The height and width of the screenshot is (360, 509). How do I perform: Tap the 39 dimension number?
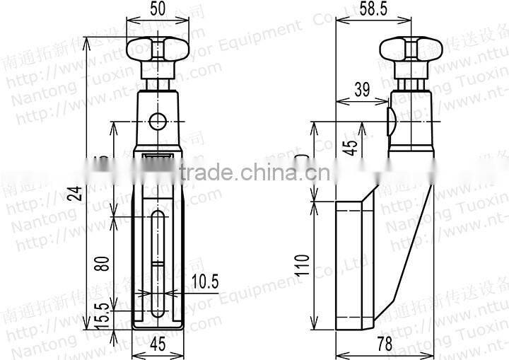tap(361, 89)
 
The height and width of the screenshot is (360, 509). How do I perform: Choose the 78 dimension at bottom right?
tap(385, 344)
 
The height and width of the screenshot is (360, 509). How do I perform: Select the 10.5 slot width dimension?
tap(204, 281)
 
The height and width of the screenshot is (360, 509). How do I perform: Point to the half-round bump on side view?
tap(391, 120)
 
